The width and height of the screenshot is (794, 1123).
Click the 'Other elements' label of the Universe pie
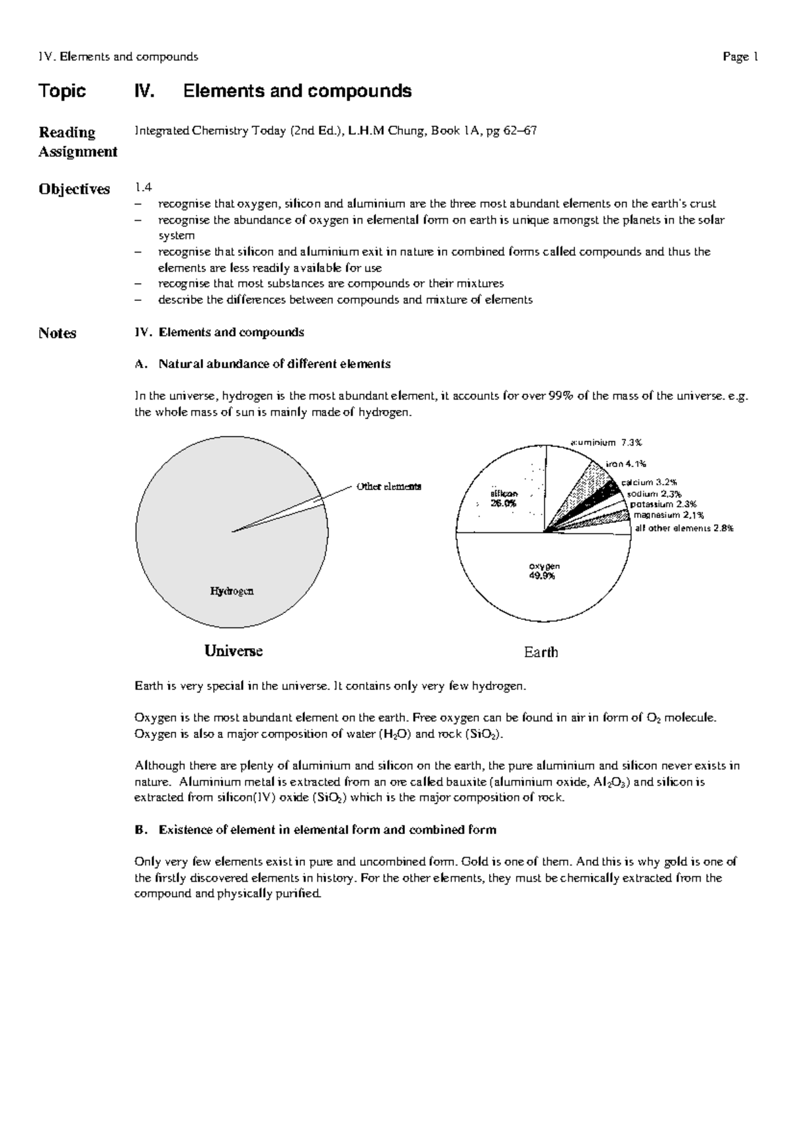[388, 486]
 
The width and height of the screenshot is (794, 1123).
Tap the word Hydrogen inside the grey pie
[232, 591]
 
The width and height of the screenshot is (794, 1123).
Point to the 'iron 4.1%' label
[625, 464]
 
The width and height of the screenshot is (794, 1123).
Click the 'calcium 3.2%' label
[648, 483]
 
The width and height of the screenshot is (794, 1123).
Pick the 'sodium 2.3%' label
[654, 493]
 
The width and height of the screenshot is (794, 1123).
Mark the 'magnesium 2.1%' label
[668, 515]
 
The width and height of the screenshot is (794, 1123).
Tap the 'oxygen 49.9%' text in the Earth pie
[544, 571]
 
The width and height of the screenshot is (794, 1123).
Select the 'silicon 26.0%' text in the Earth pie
[504, 498]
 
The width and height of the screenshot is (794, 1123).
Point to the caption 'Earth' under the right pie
[541, 652]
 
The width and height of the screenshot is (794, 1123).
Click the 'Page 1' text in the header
[740, 57]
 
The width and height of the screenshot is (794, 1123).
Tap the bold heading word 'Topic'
[62, 91]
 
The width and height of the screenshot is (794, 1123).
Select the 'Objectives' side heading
[74, 189]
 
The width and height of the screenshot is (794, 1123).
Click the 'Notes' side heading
[57, 333]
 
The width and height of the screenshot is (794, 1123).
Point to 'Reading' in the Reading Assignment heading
[67, 132]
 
